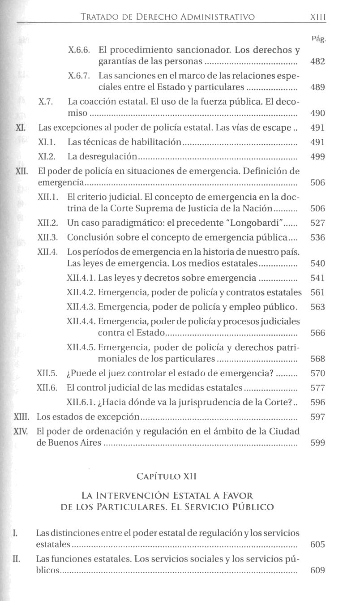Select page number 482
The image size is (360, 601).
[317, 61]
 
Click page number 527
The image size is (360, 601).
[317, 223]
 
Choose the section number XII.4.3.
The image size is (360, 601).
[81, 307]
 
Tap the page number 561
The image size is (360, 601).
[317, 292]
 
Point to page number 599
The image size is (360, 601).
[317, 443]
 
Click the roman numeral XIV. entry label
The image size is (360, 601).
[22, 432]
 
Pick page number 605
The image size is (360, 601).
[317, 545]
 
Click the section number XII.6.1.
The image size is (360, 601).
[81, 402]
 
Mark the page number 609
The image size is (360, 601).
[317, 571]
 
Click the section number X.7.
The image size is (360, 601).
[47, 102]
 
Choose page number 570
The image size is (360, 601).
[317, 373]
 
